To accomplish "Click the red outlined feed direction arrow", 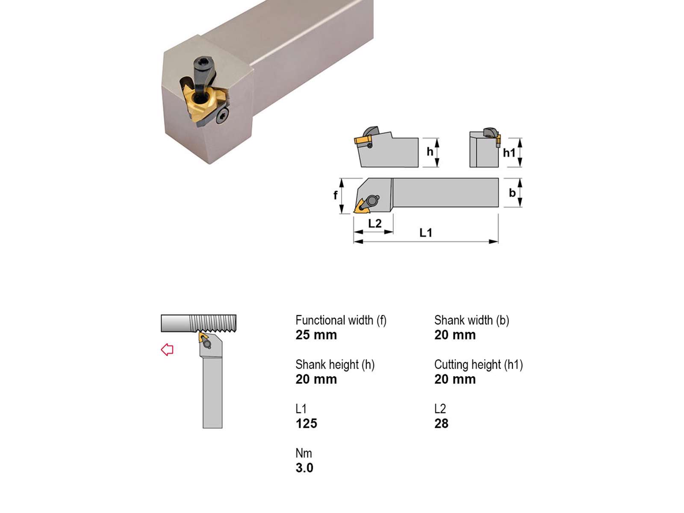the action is pos(167,349).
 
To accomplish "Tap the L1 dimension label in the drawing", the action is pos(426,233).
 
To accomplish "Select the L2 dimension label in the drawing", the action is pos(374,223).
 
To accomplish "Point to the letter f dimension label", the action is pos(335,195).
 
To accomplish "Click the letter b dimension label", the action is pos(512,193).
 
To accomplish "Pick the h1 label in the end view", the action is pos(509,153).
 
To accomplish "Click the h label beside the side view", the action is pos(430,152).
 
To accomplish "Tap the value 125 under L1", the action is pos(307,423).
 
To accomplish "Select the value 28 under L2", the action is pos(441,423).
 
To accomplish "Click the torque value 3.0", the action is pos(304,468).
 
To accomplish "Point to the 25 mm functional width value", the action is pos(316,335).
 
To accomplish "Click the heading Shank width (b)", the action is pos(472,320).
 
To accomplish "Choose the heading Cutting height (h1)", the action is pos(479,364).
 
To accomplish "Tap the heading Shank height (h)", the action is pos(335,364).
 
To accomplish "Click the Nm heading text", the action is pos(304,453).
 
